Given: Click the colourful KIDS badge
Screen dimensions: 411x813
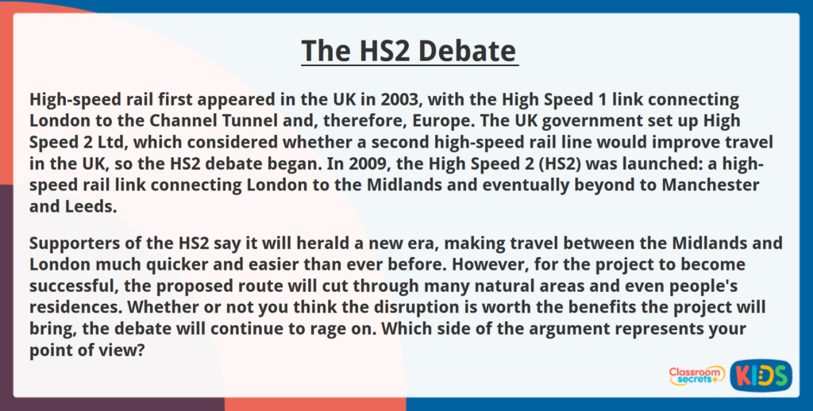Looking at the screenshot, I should [761, 375].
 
